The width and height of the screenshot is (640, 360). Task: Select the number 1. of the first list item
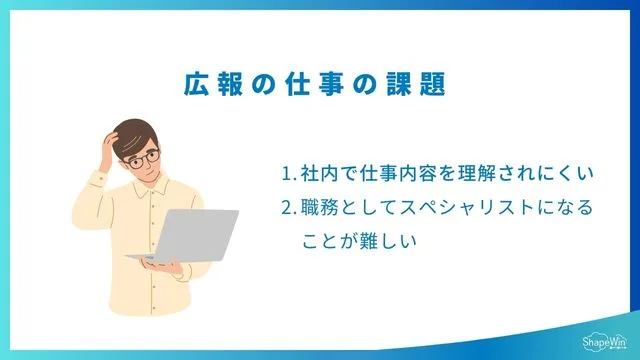289,174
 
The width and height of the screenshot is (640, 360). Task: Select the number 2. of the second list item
289,208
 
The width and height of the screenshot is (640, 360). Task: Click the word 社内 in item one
319,174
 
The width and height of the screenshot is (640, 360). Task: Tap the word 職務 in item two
319,208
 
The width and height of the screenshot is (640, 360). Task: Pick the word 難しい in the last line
390,241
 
